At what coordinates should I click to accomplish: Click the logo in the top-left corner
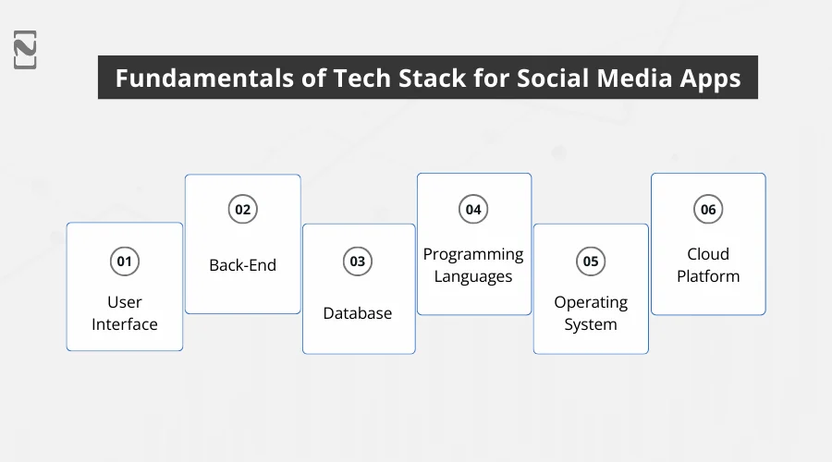point(25,50)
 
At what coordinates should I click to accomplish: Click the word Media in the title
point(635,79)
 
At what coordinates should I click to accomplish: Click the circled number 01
point(124,261)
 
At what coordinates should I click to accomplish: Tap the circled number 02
point(242,210)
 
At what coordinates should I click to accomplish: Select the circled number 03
point(357,261)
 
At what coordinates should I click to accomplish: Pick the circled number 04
point(473,210)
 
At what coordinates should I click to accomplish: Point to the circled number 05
point(590,261)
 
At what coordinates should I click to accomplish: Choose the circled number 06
point(708,210)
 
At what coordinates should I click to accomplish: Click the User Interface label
point(124,313)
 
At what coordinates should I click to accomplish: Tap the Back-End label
point(242,265)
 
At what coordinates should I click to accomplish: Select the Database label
point(357,313)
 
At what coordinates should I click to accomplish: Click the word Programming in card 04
point(473,254)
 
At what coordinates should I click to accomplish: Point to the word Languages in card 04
point(473,276)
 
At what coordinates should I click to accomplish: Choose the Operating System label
point(590,313)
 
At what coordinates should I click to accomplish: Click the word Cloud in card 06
point(708,254)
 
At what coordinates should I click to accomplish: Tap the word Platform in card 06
point(708,276)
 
